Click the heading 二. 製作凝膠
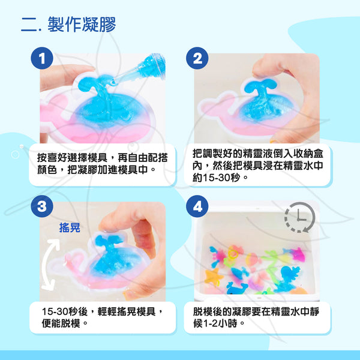tap(68, 24)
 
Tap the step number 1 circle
tap(42, 58)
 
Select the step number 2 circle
tap(197, 58)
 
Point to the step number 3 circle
tap(42, 206)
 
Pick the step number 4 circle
tap(197, 206)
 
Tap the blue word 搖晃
tap(70, 227)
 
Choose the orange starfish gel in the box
tap(214, 277)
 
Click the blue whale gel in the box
tap(237, 288)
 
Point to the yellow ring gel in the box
tap(233, 254)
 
